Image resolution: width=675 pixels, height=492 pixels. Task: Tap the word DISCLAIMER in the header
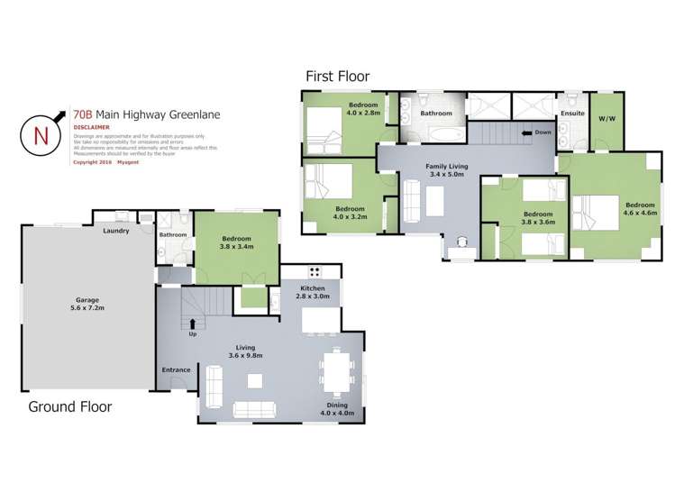point(93,128)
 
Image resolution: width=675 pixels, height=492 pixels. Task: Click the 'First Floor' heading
point(336,77)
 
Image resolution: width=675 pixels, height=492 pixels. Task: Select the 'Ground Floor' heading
point(70,406)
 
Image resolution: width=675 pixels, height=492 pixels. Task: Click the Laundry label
point(116,231)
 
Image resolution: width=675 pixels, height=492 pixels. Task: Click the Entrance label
point(176,369)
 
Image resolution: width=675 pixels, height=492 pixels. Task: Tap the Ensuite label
point(572,114)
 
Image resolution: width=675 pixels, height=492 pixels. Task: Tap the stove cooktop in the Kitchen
point(316,270)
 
